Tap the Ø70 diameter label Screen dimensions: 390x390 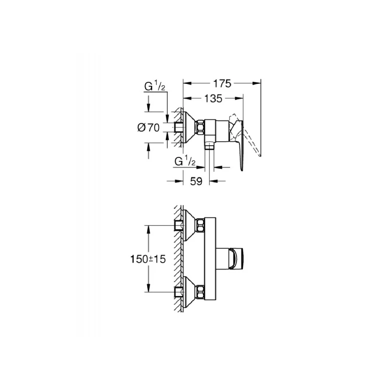[x=149, y=128]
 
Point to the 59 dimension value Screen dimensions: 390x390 [x=196, y=181]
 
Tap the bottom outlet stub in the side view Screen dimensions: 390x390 [x=210, y=146]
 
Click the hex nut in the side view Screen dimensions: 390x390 [x=200, y=128]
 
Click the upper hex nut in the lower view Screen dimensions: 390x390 [x=200, y=226]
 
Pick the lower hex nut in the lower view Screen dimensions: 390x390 [x=200, y=293]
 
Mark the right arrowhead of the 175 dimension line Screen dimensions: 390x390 [x=258, y=83]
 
